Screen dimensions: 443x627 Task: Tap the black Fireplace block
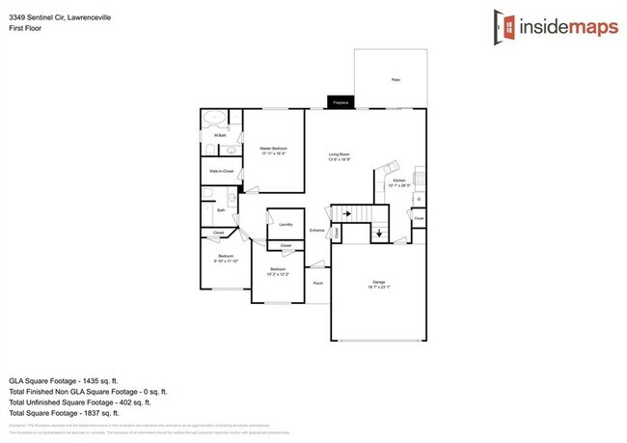341,101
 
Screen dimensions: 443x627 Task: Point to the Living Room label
339,154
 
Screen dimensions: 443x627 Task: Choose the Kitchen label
398,180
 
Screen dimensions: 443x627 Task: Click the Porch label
318,283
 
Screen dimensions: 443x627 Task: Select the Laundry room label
286,225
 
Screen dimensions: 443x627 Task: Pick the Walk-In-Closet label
222,171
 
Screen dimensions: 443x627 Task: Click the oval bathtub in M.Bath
215,120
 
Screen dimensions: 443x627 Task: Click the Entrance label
317,230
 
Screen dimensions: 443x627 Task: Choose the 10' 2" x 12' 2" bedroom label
278,270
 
